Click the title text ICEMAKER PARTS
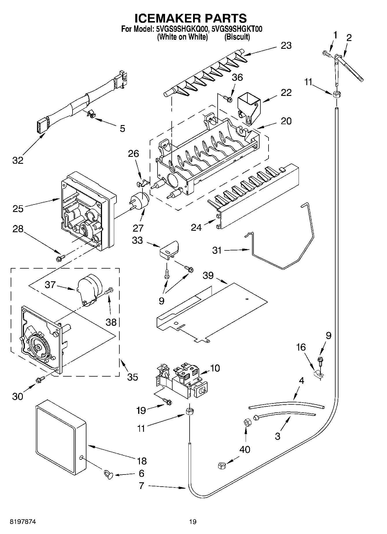pos(191,18)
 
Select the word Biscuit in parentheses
pos(237,37)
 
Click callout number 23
pos(286,46)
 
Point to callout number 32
pos(18,160)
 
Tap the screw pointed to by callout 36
pos(228,99)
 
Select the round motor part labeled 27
pos(140,200)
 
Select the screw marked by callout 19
pos(167,401)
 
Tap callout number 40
pos(245,449)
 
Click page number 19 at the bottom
pos(193,522)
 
